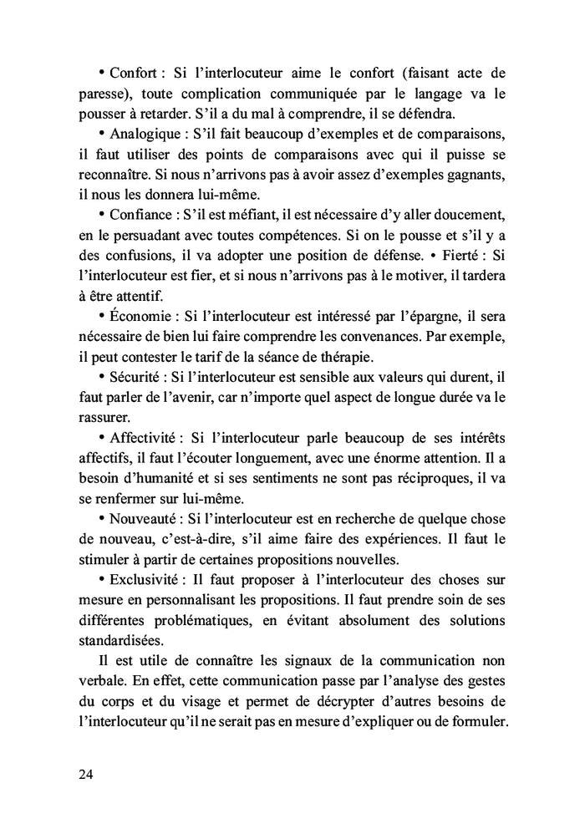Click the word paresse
(x=103, y=94)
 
